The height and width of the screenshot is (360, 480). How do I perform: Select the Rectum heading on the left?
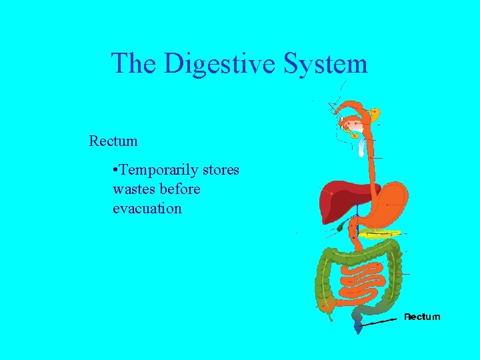click(x=113, y=141)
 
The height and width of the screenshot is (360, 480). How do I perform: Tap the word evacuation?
click(x=147, y=208)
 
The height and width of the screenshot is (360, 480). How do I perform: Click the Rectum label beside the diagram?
click(x=422, y=317)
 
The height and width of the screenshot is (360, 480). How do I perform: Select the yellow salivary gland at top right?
click(x=375, y=113)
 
